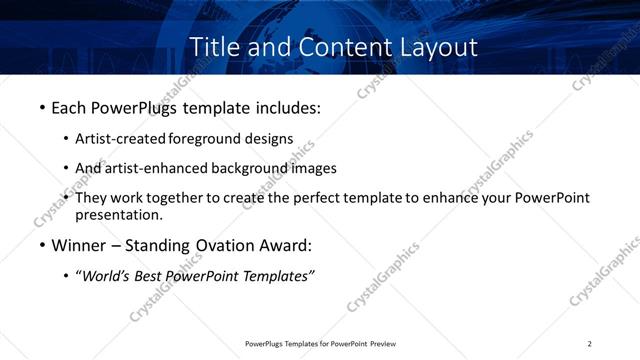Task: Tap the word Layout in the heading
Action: click(435, 47)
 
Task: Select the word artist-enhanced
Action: click(155, 168)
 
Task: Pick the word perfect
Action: click(323, 198)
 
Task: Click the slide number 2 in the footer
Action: click(590, 344)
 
